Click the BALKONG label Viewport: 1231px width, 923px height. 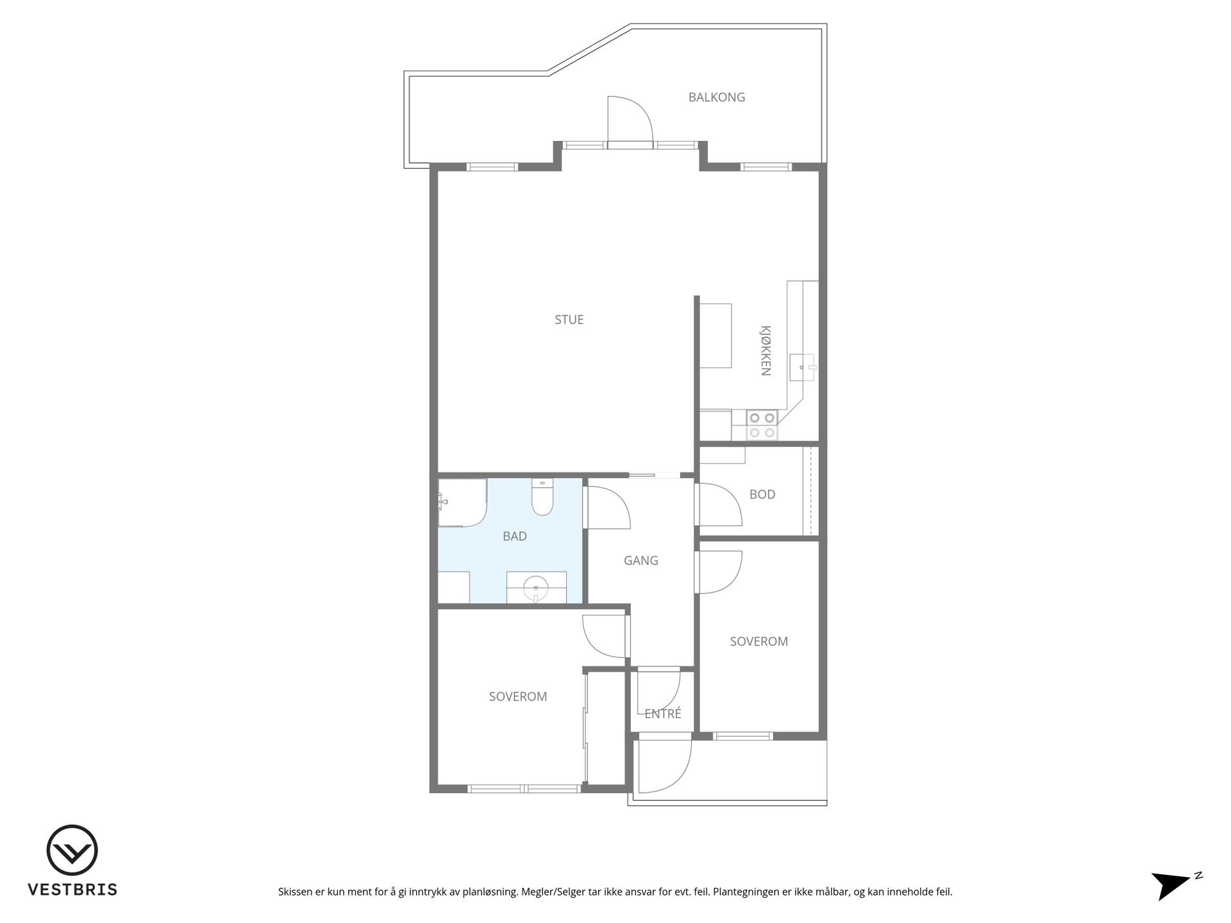tap(716, 97)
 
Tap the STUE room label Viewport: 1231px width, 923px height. tap(569, 319)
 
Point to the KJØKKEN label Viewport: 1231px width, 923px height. tap(766, 350)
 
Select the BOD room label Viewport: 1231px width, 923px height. tap(762, 494)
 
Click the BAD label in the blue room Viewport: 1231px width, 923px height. tap(515, 536)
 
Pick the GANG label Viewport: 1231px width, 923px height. tap(641, 560)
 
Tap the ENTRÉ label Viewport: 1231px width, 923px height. tap(663, 713)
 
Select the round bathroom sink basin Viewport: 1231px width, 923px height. tap(535, 587)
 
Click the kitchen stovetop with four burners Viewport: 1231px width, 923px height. tap(762, 425)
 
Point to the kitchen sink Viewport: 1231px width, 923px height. tap(802, 367)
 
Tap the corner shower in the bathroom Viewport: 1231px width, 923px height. tap(462, 503)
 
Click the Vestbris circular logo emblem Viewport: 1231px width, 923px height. tap(72, 850)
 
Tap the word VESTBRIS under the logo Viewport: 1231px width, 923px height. tap(72, 890)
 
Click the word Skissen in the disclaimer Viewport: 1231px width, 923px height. tap(296, 892)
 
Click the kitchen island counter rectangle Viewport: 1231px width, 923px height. tap(716, 336)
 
